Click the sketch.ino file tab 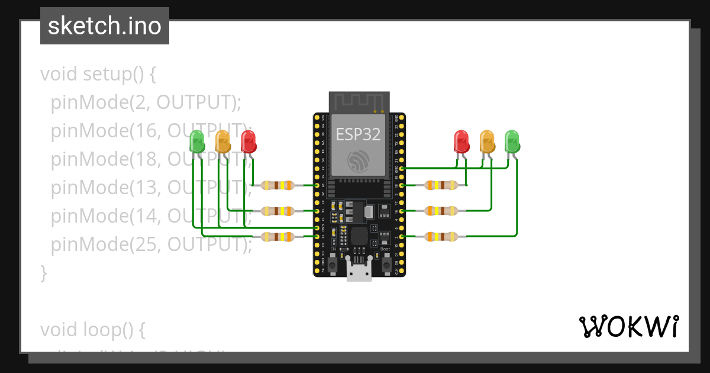tap(105, 26)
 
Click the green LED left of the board tap(197, 142)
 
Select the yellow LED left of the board tap(222, 142)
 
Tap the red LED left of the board tap(248, 142)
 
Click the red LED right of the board tap(461, 141)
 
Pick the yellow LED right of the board tap(487, 141)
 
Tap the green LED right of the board tap(512, 141)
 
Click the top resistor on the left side tap(277, 185)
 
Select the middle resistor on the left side tap(277, 211)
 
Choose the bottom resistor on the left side tap(277, 237)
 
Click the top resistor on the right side tap(441, 185)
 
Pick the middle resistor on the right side tap(441, 211)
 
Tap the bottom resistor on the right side tap(441, 237)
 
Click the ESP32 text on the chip tap(359, 134)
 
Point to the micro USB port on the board tap(359, 273)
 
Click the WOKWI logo tap(628, 326)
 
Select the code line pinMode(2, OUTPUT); tap(146, 102)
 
